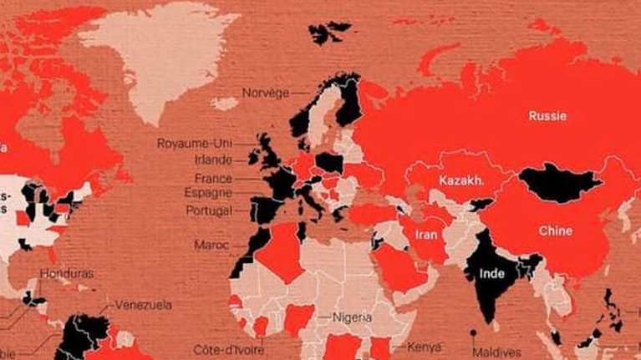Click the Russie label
point(547,116)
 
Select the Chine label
point(555,231)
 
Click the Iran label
point(425,235)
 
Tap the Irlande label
point(213,160)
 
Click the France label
point(213,179)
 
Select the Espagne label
point(209,193)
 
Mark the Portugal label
point(209,210)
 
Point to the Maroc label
point(211,246)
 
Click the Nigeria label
point(352,317)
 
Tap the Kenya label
point(424,346)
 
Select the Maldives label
point(496,352)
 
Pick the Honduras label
point(66,273)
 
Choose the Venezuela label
point(144,305)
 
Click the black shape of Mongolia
point(561,183)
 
